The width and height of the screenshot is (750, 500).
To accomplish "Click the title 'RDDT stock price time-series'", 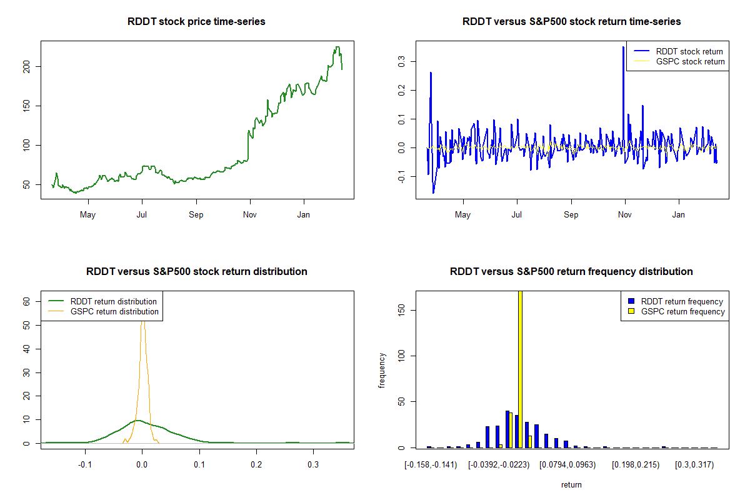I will tap(196, 22).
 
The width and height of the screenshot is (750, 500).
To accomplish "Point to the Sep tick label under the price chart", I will tap(196, 215).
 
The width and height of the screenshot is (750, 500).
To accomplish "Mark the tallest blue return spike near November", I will tap(623, 47).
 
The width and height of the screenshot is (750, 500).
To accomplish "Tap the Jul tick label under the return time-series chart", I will tap(517, 215).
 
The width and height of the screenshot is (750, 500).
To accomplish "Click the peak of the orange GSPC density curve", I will tap(142, 321).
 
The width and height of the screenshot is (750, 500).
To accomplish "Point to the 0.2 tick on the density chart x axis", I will tap(256, 465).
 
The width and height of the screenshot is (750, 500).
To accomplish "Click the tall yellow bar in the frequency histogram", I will tap(520, 369).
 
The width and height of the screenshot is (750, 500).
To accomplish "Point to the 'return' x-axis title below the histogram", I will tap(571, 484).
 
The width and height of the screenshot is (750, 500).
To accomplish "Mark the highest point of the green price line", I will tap(337, 47).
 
